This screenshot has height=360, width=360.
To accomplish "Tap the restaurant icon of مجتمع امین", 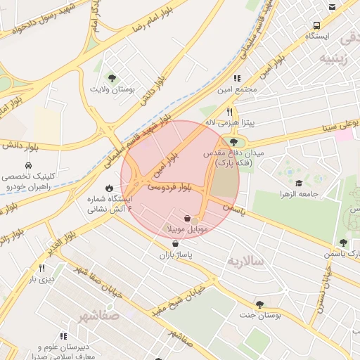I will click(237, 79).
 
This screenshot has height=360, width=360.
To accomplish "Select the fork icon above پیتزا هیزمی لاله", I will click(229, 112).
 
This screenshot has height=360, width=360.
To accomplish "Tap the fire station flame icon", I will click(109, 188).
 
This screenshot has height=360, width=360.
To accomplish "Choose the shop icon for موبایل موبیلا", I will click(186, 219).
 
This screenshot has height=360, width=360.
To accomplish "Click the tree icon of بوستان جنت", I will click(260, 304).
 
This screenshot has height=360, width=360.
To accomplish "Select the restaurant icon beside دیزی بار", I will click(41, 268).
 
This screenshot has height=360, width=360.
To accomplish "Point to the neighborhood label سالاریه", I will click(245, 261).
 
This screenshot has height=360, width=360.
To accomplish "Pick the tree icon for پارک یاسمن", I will click(343, 243).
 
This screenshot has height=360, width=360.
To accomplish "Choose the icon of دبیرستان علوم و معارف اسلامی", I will click(63, 336).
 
